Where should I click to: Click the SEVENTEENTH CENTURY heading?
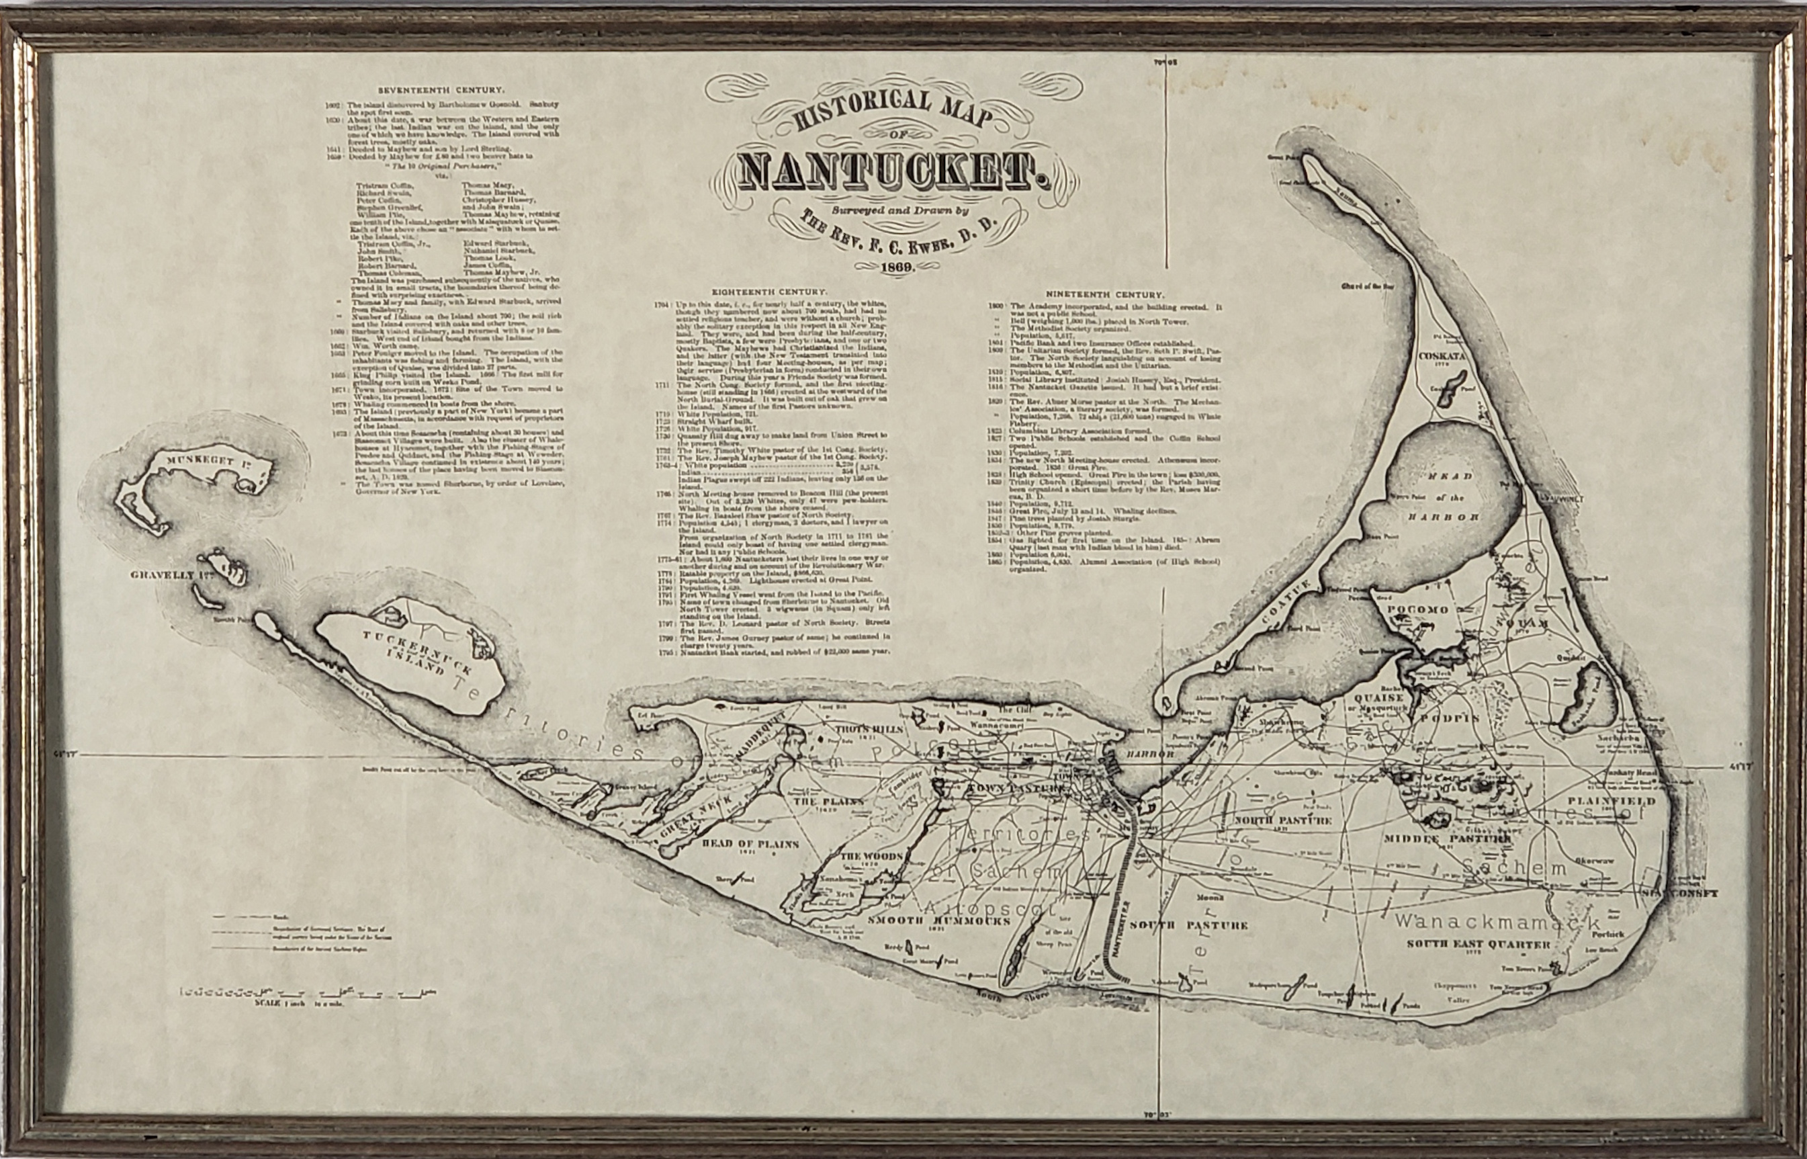(440, 90)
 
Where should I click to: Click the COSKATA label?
(1442, 356)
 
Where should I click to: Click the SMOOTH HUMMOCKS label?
(928, 921)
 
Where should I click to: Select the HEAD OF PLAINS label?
(740, 845)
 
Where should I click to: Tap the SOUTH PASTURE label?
(1188, 926)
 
